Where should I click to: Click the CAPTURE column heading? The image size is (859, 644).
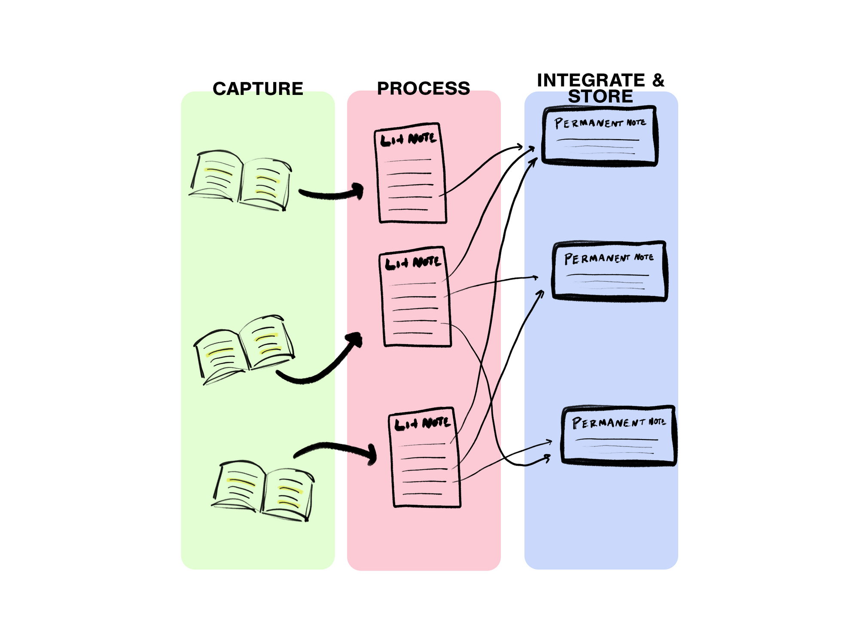coord(258,89)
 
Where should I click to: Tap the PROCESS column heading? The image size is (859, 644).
coord(423,89)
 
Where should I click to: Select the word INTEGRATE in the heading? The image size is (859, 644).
coord(591,80)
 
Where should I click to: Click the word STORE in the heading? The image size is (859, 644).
coord(600,97)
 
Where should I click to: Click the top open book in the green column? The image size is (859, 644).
coord(241,180)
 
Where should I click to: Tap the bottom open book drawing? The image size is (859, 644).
coord(263,490)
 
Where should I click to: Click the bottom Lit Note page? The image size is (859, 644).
coord(424,458)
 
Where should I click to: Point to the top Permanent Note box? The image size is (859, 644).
coord(599,135)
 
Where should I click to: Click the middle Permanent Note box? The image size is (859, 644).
coord(609,271)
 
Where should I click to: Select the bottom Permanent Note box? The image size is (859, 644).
coord(618,435)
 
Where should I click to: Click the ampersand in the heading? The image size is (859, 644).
coord(658,80)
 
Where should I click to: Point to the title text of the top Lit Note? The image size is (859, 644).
coord(408,139)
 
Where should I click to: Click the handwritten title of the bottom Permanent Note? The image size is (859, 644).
coord(618,422)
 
